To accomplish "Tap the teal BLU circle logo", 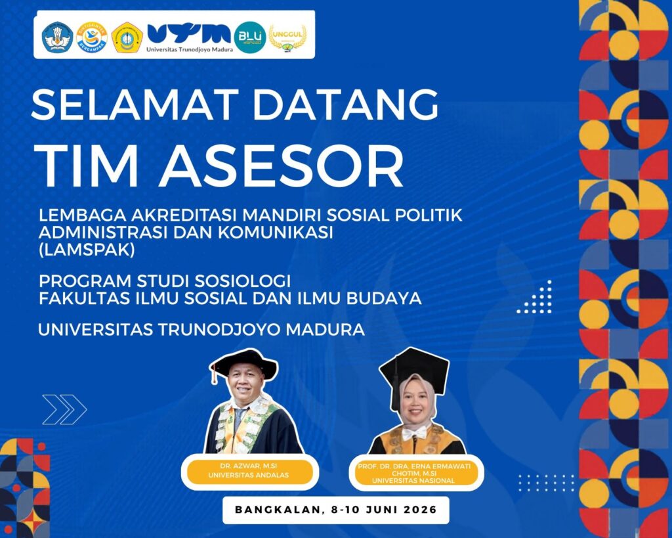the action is coord(250,37).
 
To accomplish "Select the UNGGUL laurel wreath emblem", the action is coord(287,38).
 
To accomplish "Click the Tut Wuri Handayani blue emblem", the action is coord(58,37).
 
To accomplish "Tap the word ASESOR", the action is coord(282,167).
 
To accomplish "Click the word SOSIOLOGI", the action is coord(243,281).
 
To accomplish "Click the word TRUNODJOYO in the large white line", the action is coord(218,330).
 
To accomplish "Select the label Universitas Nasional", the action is coord(413,481).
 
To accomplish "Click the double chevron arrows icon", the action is coord(64,409).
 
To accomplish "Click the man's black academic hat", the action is coord(244,365).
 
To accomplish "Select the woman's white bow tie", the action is coord(414,433).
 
